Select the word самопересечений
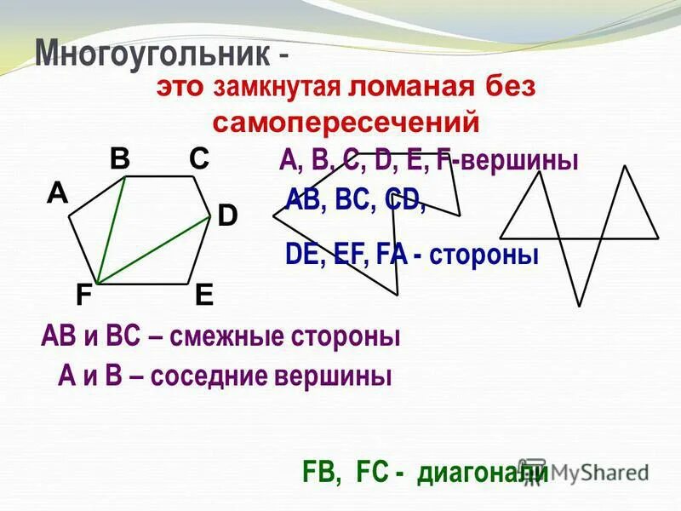coord(346,123)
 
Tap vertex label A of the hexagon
coord(57,194)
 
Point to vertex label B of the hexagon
coord(119,158)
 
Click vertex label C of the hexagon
coord(199,158)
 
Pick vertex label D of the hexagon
coord(226,215)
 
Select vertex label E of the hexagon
coord(203,295)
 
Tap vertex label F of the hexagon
coord(83,295)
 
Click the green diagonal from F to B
coord(112,230)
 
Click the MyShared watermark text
coord(596,471)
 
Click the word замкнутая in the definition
coord(278,88)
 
